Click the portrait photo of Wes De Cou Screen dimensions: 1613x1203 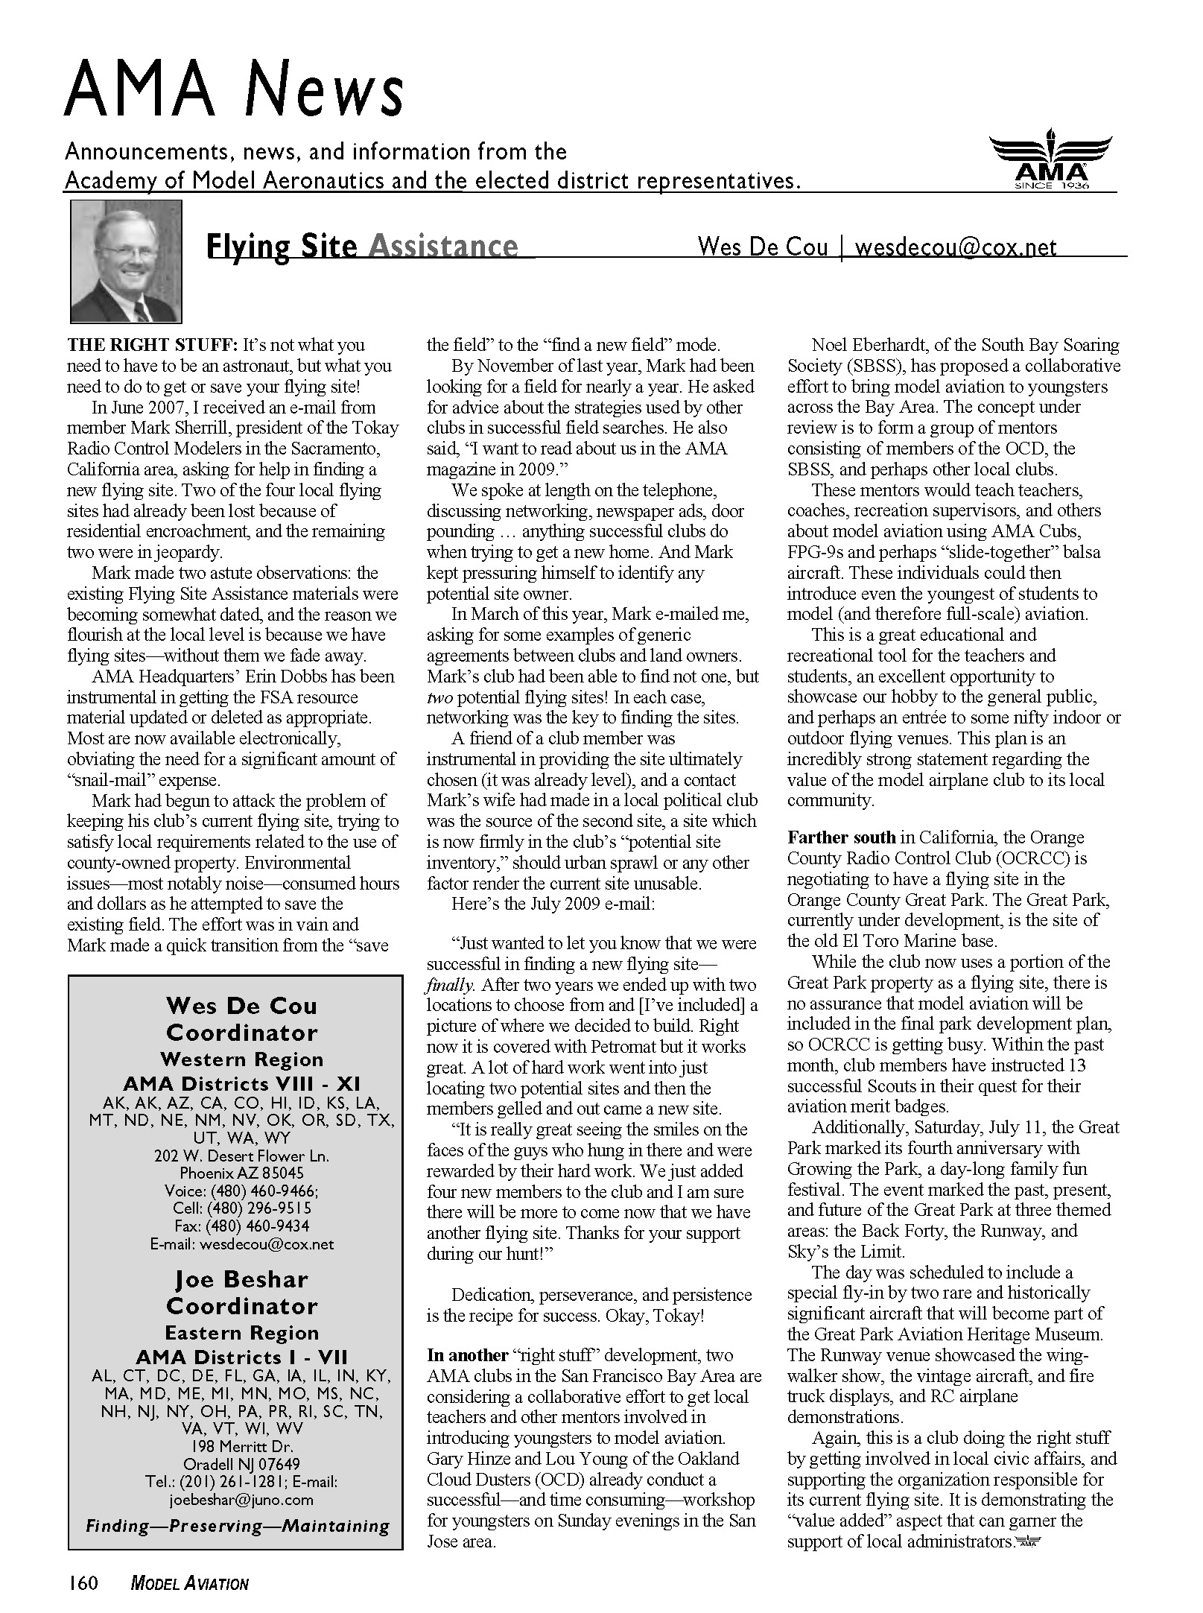(x=126, y=262)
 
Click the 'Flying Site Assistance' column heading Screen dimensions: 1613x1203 (x=361, y=247)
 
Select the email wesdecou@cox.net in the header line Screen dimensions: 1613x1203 (x=956, y=247)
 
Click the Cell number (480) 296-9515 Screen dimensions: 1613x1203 (x=242, y=1208)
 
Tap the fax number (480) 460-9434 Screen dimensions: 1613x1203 (x=242, y=1226)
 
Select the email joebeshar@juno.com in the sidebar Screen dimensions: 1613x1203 (x=241, y=1500)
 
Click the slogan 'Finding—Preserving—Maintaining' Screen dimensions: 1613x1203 (x=238, y=1526)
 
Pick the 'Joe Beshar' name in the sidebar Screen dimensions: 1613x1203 (x=241, y=1280)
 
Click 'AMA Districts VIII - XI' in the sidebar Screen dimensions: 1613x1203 (x=242, y=1084)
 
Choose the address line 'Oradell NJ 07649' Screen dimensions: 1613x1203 (x=241, y=1464)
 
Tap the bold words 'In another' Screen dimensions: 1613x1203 (x=467, y=1355)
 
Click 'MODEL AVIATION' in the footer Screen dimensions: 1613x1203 (x=189, y=1584)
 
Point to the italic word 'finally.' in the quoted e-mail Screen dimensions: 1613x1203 (x=450, y=985)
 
